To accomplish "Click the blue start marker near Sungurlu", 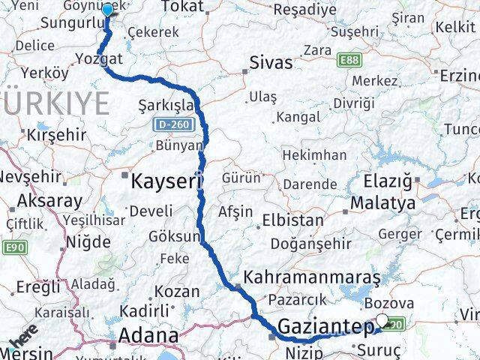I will click(x=107, y=10).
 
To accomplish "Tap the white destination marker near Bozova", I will click(x=383, y=321).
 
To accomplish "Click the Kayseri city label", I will click(x=167, y=181).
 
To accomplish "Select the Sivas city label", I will click(x=271, y=62).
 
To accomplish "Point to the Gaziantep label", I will click(x=325, y=326).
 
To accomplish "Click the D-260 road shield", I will click(x=173, y=124).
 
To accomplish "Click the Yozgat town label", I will click(x=100, y=58).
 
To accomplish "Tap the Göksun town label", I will click(x=175, y=236).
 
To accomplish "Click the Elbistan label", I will click(x=292, y=221).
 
